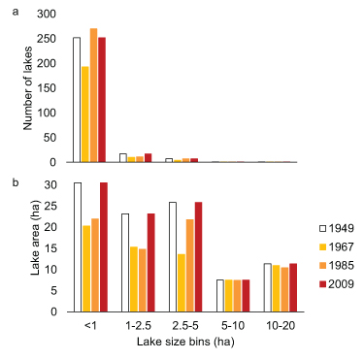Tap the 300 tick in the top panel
[53, 15]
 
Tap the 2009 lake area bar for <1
[103, 247]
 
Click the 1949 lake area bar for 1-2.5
[124, 262]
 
